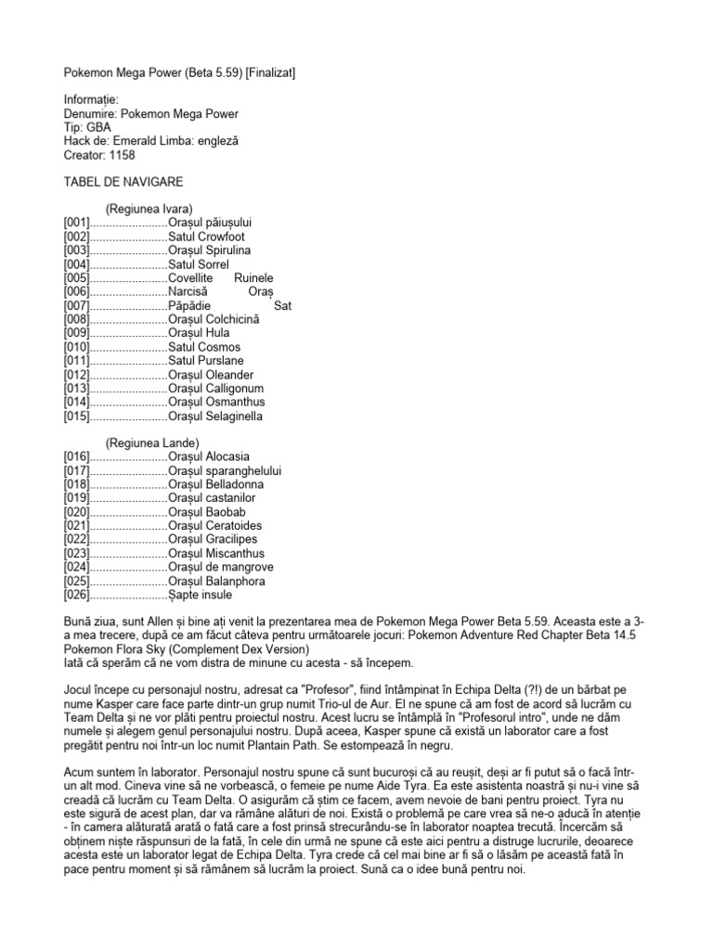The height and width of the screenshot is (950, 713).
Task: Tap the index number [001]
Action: [x=76, y=223]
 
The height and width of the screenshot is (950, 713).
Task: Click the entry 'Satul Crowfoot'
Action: [x=206, y=237]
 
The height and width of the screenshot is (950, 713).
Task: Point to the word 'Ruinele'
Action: [x=253, y=277]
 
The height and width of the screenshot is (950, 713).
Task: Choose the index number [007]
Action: [x=76, y=305]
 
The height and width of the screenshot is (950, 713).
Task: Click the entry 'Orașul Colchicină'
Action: [x=214, y=319]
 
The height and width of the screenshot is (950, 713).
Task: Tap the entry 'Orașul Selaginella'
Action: [x=216, y=416]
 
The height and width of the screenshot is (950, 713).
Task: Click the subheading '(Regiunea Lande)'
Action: [x=152, y=443]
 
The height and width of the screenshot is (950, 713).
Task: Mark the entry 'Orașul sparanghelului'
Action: [x=225, y=470]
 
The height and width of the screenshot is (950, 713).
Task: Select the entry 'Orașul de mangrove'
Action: [x=218, y=567]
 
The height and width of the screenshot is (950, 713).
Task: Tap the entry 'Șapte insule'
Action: [x=200, y=594]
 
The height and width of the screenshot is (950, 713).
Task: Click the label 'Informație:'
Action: [x=93, y=99]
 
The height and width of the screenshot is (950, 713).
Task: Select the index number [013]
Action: [x=76, y=388]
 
